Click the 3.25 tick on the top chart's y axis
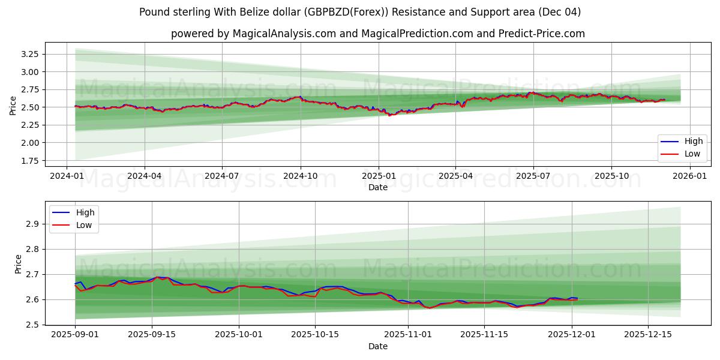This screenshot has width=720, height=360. coord(29,54)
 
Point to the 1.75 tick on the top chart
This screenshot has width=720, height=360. coord(29,161)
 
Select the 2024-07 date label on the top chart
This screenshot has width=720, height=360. coord(222,176)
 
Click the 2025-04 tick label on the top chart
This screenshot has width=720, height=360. coord(455,176)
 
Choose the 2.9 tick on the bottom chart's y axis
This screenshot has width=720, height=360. coord(34,224)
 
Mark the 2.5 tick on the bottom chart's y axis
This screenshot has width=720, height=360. coord(34,325)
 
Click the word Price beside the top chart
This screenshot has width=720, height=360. coord(13,105)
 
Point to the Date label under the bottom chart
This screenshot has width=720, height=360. coord(378,346)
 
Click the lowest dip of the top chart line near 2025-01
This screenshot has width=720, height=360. coord(389,115)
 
